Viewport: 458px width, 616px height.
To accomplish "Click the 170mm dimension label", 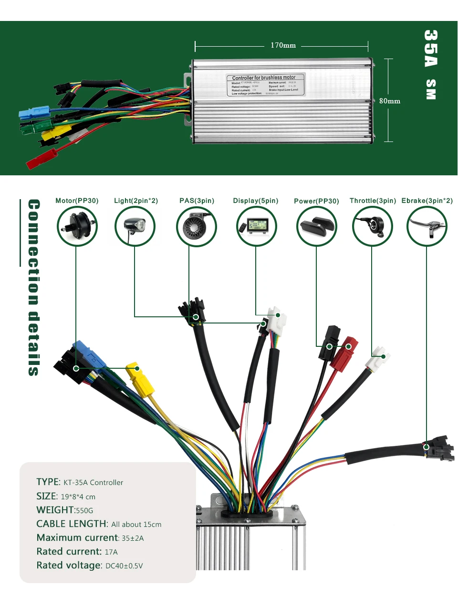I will click(x=283, y=45).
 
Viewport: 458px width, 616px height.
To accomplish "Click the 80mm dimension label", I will click(x=389, y=101).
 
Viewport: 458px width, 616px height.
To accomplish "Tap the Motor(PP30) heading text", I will click(x=77, y=201).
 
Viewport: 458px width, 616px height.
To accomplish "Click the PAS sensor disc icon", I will click(x=196, y=227).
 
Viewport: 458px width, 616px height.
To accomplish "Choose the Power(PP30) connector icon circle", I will click(x=316, y=227).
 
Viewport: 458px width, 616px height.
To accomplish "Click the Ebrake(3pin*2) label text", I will click(x=427, y=201).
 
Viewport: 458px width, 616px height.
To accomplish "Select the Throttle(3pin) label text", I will click(x=373, y=201).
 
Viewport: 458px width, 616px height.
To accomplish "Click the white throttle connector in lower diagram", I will click(x=378, y=358).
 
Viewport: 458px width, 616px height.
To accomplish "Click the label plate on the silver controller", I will click(x=265, y=85).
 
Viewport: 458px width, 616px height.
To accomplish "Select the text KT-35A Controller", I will click(x=93, y=483).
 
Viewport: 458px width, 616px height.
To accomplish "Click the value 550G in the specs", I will click(x=84, y=510).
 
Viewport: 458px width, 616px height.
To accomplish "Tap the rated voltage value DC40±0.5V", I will click(x=124, y=566).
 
